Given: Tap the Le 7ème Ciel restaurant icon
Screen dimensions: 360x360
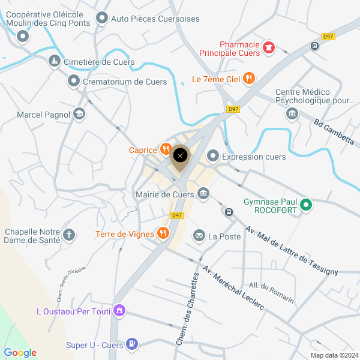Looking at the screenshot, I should coord(250,78).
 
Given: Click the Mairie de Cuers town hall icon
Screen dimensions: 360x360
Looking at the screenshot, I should coord(203,193).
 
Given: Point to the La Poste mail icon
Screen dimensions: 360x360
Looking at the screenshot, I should coord(199,236).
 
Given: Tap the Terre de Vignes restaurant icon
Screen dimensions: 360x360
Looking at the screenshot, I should coord(162,233).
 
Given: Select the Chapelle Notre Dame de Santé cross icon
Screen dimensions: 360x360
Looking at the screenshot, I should coord(70,235).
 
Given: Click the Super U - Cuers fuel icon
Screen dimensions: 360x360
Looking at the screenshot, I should coord(133,344).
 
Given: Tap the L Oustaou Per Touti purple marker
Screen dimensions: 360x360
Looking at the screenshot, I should coord(119,311).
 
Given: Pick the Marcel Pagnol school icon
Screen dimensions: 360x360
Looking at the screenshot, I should coord(79,113).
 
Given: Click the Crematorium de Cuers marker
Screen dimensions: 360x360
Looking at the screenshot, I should coord(74,81).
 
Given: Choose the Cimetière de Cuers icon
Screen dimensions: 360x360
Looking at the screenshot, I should coord(55,62).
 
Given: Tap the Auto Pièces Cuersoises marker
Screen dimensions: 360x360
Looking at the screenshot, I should coord(102,18).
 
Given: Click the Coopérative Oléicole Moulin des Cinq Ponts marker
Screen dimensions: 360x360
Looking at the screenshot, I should coord(23,37).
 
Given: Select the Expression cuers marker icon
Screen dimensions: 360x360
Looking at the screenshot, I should coord(212,156).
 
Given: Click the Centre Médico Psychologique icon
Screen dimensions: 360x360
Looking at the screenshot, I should coord(293,113).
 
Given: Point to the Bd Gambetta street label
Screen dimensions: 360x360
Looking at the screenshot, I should coord(334,131).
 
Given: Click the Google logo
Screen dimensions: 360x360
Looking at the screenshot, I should coord(20,353).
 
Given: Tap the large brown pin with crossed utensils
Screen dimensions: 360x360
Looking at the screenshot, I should coord(180,157).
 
